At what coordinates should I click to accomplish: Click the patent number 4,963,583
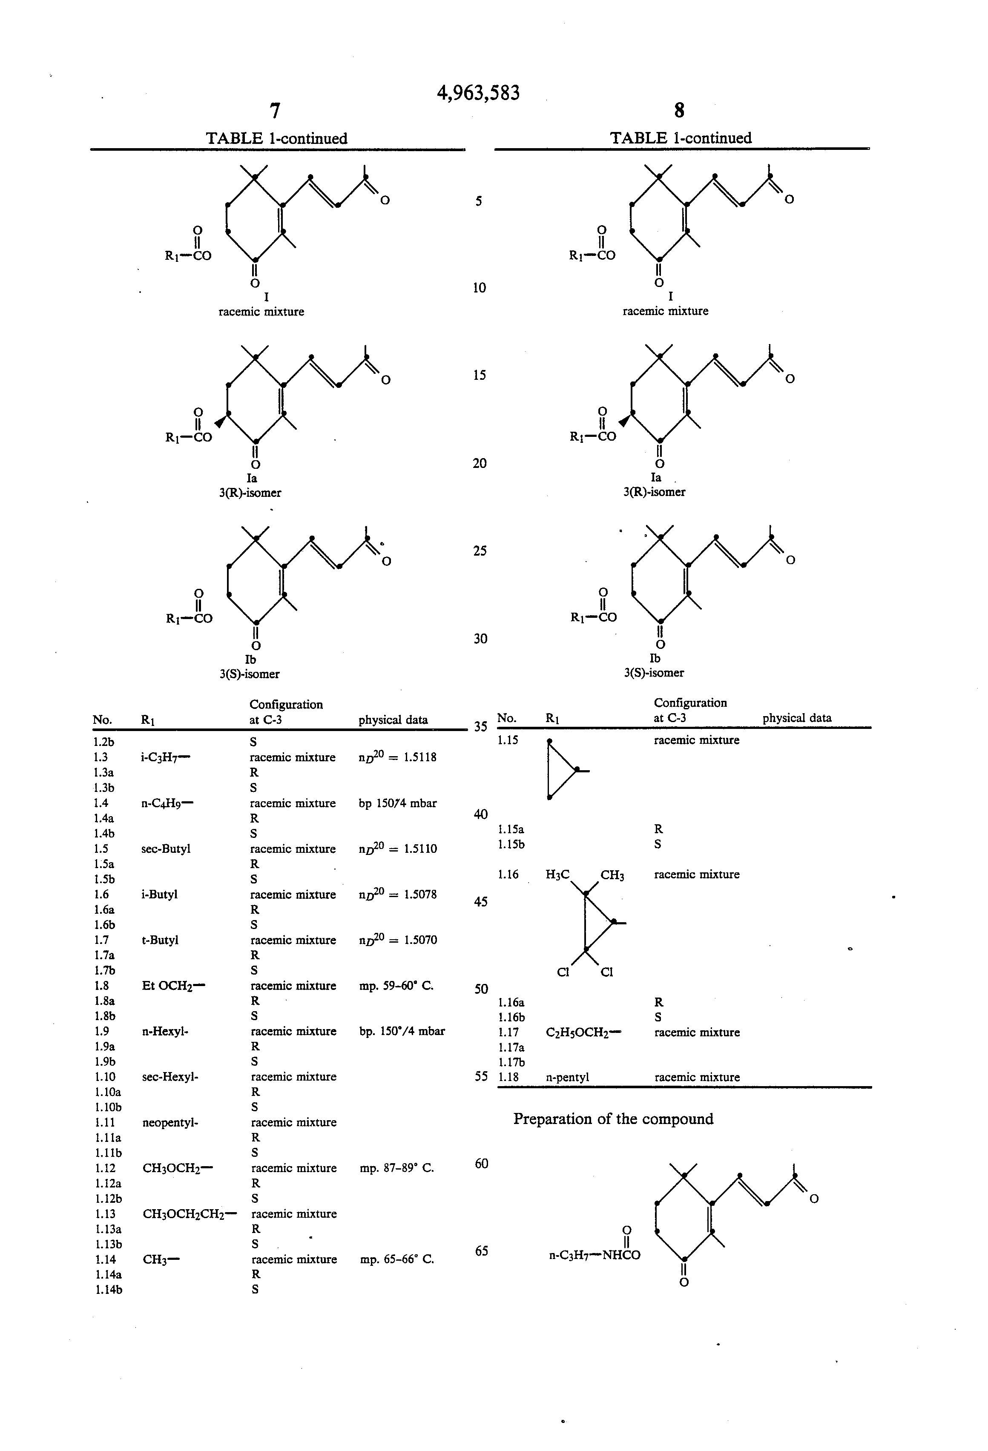tap(478, 93)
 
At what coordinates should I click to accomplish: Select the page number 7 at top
tap(274, 111)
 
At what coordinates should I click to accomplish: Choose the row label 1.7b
tap(105, 970)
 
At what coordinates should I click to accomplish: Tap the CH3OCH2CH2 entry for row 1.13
tap(189, 1214)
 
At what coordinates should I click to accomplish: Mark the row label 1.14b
tap(109, 1289)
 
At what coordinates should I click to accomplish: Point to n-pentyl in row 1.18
tap(567, 1077)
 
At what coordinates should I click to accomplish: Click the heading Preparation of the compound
tap(613, 1119)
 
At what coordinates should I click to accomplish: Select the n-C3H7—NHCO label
tap(594, 1255)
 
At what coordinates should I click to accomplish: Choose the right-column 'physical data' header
tap(796, 718)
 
